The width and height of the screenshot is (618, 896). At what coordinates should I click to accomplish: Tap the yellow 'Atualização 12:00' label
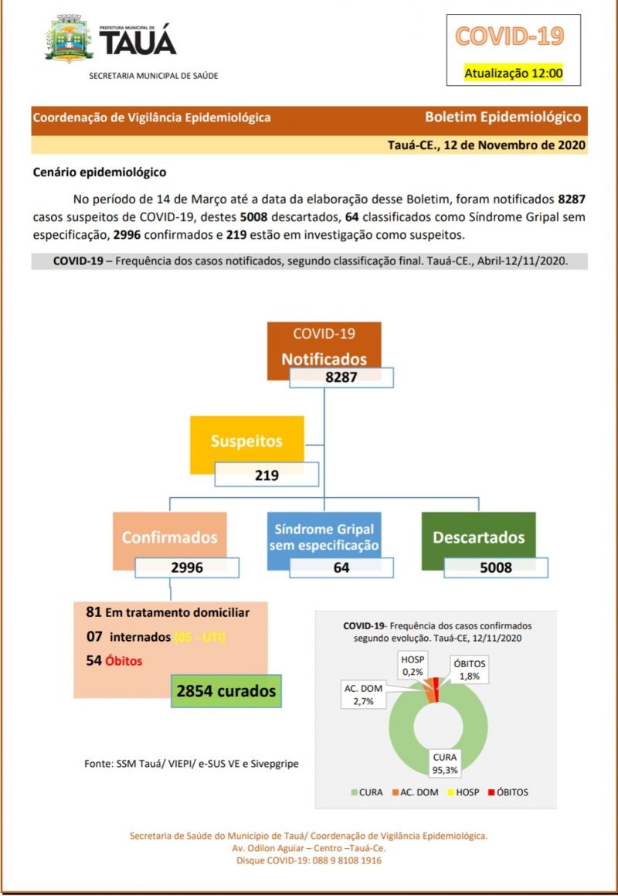513,73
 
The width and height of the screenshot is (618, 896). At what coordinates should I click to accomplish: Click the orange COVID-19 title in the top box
509,36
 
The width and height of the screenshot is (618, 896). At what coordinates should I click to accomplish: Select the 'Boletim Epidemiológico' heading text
502,118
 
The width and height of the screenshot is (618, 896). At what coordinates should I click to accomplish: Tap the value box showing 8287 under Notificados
341,378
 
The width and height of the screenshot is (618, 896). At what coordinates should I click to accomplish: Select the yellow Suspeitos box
246,441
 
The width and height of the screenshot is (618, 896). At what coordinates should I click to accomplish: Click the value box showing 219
267,475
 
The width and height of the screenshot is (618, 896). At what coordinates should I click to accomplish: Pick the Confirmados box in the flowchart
169,537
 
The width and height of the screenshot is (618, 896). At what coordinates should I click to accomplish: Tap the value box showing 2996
187,567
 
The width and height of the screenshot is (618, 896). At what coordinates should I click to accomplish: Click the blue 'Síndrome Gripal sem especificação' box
324,537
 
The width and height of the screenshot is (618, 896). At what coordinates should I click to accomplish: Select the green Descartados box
478,537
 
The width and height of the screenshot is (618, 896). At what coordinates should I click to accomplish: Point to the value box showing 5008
495,567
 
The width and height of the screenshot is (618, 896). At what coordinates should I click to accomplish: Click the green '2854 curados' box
226,691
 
